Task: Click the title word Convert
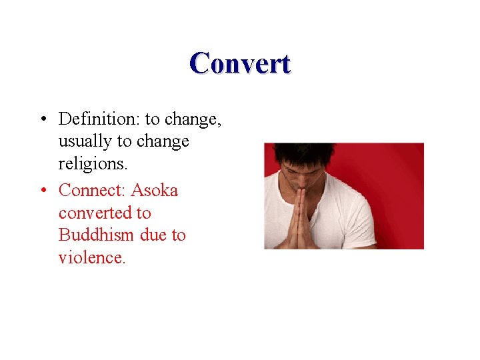[x=240, y=64]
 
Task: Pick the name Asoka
[x=155, y=191]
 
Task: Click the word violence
[x=91, y=258]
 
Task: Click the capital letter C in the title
[x=199, y=64]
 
